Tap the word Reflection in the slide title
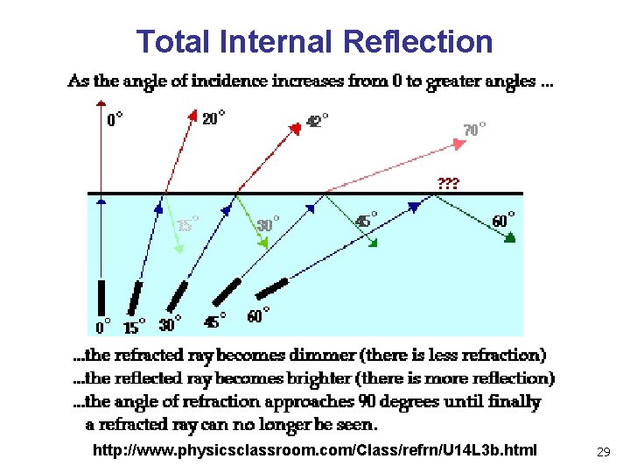point(418,41)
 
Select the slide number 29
point(603,452)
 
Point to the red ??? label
point(447,184)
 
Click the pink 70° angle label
point(474,130)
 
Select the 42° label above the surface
point(318,121)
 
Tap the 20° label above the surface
point(213,117)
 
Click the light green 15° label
point(187,225)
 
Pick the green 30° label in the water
point(269,224)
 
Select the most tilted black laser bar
point(271,287)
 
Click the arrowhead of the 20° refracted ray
point(192,114)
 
